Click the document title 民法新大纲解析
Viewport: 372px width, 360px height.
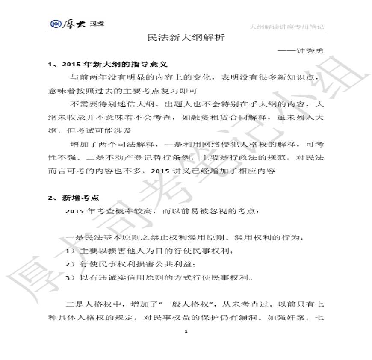(x=186, y=38)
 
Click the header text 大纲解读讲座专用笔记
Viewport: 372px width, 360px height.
(x=286, y=27)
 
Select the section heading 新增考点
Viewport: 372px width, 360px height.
(x=81, y=198)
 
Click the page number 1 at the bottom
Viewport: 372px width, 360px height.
(x=186, y=331)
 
